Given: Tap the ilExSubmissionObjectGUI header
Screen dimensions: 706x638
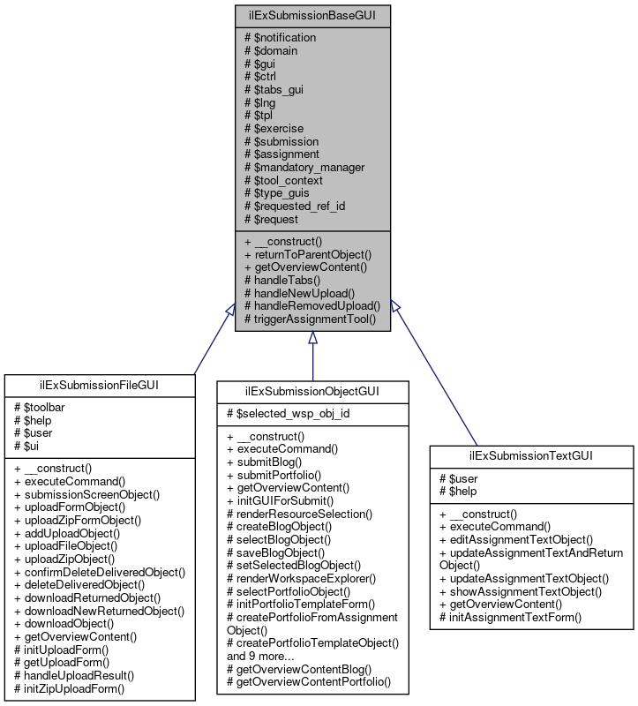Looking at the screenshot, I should [313, 392].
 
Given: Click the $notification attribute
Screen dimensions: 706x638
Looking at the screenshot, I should [280, 38].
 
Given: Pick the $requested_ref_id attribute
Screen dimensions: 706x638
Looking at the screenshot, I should [294, 206].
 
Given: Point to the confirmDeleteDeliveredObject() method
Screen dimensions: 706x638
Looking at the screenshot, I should [100, 572].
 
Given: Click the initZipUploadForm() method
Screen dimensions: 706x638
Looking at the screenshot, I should [69, 688].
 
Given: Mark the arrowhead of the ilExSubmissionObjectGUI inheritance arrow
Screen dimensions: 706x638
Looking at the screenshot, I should [312, 338].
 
